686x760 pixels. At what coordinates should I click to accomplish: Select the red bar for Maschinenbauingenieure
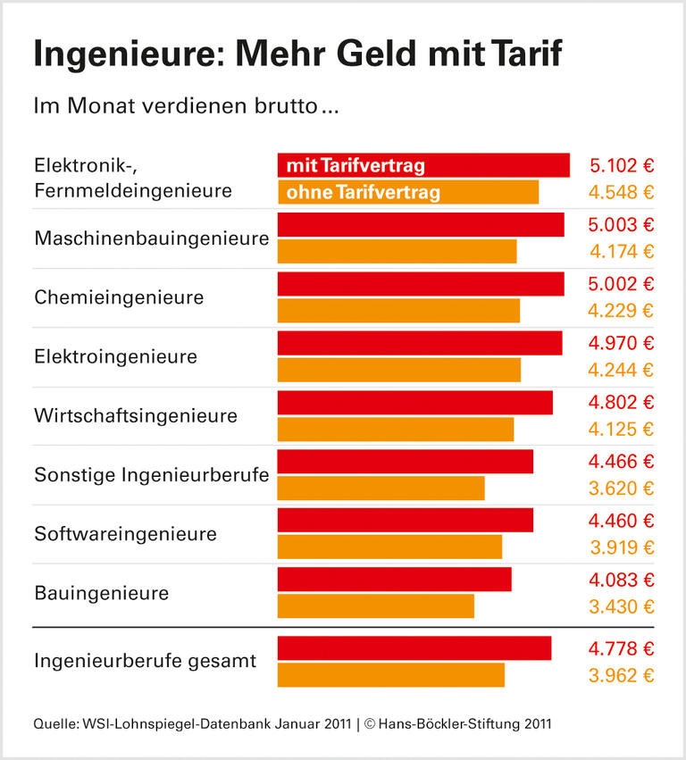[421, 225]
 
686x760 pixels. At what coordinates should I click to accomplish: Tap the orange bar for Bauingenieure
[376, 606]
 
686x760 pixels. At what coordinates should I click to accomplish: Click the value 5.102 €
[622, 166]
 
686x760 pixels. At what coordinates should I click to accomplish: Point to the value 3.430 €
[622, 607]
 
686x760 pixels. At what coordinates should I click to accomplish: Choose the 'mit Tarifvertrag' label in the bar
[356, 166]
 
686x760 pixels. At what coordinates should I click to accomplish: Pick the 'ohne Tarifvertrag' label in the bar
[363, 193]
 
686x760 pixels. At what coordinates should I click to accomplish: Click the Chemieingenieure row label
[119, 297]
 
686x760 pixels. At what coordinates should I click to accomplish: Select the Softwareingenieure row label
[125, 534]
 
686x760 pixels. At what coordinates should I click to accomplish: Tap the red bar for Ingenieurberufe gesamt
[414, 648]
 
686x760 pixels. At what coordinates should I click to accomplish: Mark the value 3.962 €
[622, 675]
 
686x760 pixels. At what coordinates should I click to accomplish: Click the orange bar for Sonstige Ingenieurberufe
[381, 489]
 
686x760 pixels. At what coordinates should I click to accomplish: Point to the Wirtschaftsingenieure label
[136, 416]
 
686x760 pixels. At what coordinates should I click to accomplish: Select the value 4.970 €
[622, 343]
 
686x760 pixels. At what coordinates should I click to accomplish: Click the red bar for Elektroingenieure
[420, 343]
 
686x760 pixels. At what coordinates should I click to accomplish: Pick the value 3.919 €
[622, 547]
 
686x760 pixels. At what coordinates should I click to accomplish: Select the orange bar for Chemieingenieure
[398, 311]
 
